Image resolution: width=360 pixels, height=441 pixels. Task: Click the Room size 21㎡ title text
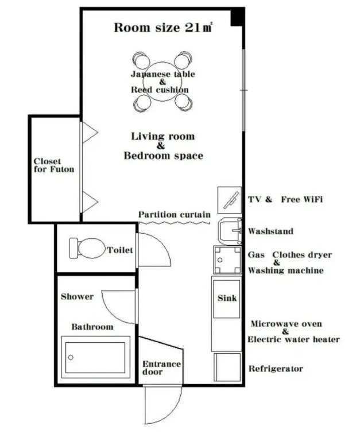click(x=162, y=28)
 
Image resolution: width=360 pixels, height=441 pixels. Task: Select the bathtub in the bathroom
click(x=95, y=357)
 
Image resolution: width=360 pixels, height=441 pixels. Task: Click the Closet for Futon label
click(x=54, y=165)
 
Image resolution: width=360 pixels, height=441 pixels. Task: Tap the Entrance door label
click(x=161, y=368)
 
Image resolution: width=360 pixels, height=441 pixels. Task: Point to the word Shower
click(x=77, y=297)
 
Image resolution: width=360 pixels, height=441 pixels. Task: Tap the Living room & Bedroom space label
click(x=163, y=146)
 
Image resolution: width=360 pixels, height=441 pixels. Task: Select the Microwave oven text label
click(x=286, y=324)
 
